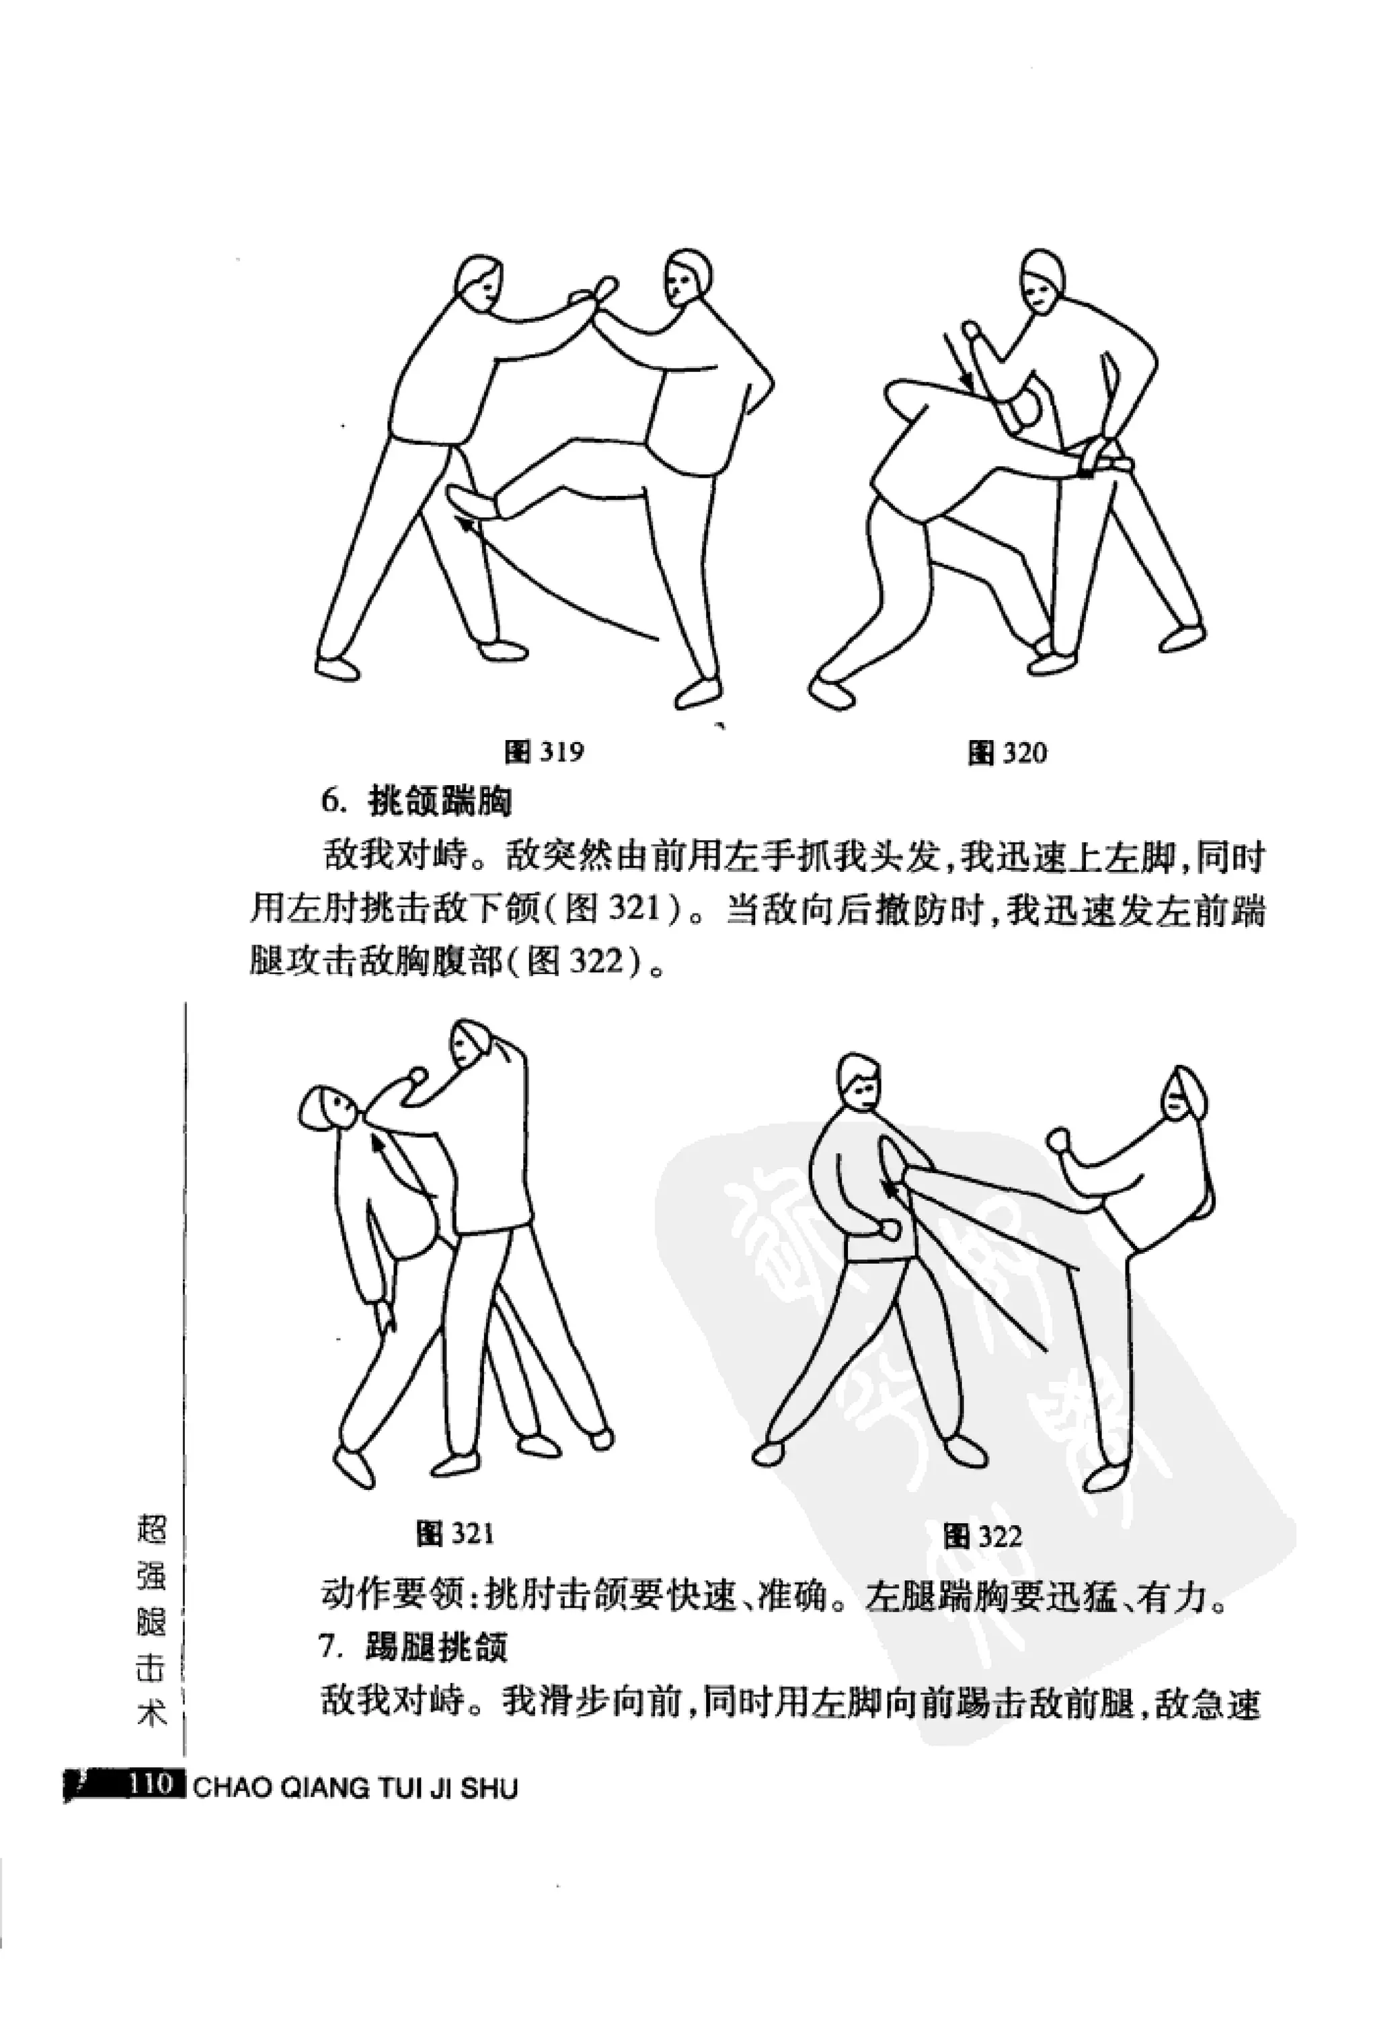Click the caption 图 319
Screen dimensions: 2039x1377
(x=544, y=752)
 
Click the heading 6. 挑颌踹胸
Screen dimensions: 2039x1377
(x=416, y=801)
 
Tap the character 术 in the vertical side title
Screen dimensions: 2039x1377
(x=153, y=1713)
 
